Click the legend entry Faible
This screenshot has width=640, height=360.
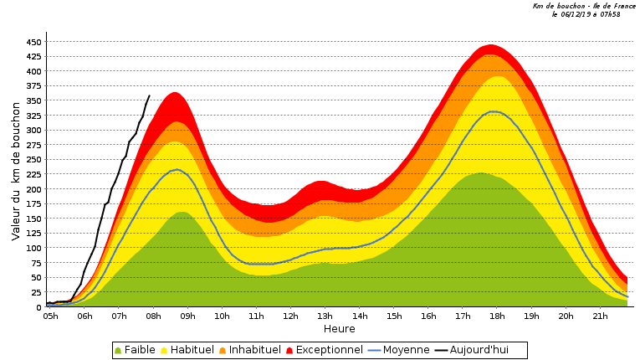pos(135,350)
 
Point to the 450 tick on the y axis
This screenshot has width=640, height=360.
pos(34,42)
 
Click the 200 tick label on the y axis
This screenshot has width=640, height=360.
pos(34,189)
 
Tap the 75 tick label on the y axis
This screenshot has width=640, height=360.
pos(37,263)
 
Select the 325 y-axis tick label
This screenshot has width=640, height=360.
pos(34,116)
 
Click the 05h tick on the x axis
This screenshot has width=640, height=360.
pos(50,316)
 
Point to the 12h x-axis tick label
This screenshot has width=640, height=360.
pos(290,316)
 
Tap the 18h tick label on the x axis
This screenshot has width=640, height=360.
pos(497,316)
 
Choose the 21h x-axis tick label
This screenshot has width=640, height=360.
pos(600,316)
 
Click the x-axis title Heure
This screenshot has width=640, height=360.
pos(340,329)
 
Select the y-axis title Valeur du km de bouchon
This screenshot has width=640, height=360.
pos(16,172)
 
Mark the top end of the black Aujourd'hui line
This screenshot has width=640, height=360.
pos(149,95)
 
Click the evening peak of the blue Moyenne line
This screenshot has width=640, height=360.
pos(494,111)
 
